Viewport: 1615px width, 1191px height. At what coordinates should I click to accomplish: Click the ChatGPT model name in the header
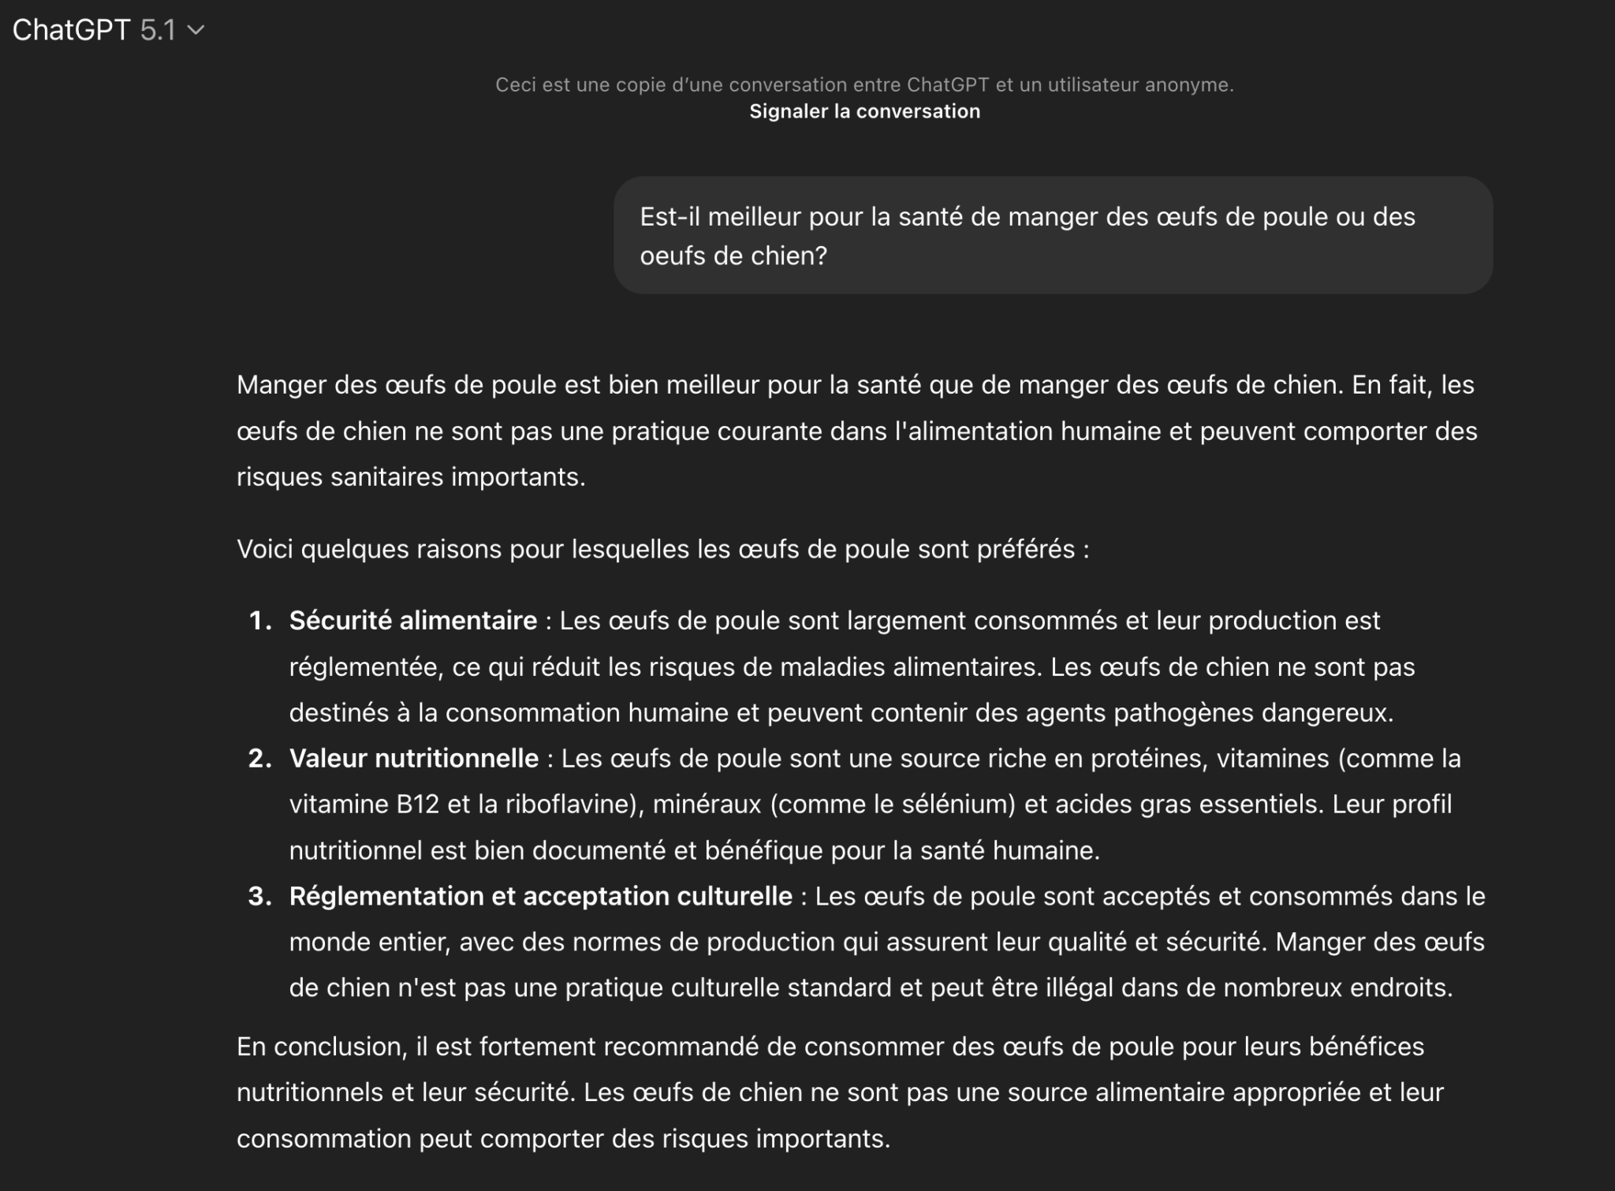click(71, 30)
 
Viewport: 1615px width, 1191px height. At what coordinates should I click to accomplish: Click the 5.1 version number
click(158, 30)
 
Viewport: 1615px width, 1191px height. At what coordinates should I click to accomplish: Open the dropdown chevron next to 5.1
click(196, 30)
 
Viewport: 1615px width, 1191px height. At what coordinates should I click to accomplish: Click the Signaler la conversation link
click(864, 111)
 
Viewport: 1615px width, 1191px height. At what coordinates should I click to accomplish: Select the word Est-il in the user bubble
click(669, 217)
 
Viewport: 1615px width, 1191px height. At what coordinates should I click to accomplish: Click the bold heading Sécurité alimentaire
click(413, 621)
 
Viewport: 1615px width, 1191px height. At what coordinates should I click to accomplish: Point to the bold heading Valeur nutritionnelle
click(414, 759)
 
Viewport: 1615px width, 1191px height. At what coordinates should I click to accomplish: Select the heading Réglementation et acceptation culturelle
click(541, 896)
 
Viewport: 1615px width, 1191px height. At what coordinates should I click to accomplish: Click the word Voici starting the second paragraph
click(265, 549)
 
